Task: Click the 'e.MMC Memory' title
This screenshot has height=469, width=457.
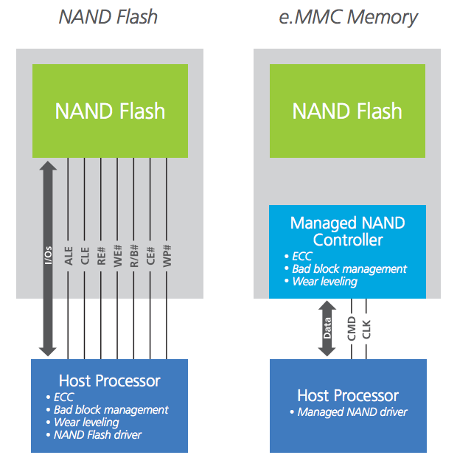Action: [x=348, y=15]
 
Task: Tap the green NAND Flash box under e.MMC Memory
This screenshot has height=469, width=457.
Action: [x=347, y=111]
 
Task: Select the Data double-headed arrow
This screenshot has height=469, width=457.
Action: [x=327, y=328]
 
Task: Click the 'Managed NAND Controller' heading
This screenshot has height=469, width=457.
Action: [x=347, y=232]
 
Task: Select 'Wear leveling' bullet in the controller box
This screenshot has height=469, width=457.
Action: [x=324, y=281]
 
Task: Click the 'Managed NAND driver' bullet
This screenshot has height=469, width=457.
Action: [x=352, y=411]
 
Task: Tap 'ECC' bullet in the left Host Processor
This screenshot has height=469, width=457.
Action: [x=64, y=397]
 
